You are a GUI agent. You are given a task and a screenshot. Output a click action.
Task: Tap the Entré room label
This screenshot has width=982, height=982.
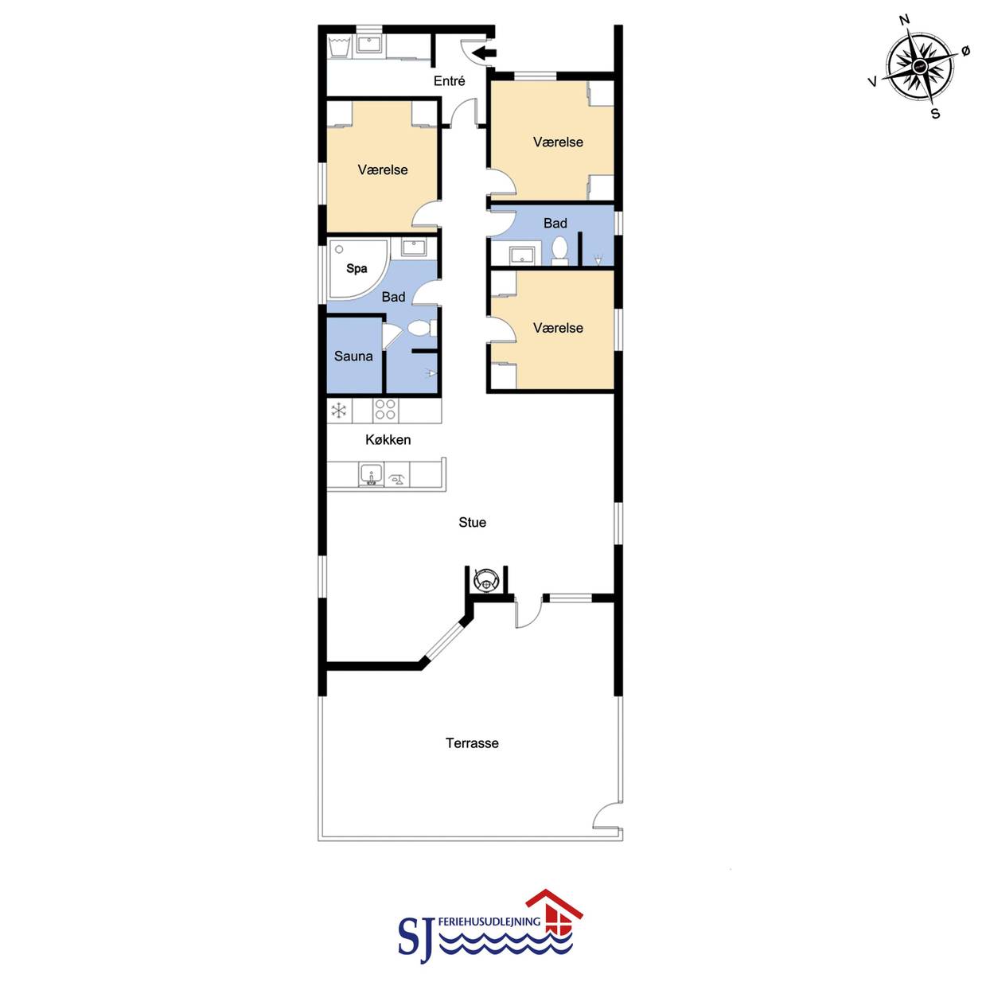449,81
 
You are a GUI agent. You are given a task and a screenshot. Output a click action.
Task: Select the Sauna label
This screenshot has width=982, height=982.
353,357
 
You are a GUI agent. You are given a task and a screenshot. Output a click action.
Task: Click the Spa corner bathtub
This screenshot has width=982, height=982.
357,269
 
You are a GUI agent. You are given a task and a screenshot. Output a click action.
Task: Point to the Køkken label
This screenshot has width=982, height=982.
388,440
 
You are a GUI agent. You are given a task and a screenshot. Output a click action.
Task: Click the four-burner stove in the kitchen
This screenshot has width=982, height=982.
384,409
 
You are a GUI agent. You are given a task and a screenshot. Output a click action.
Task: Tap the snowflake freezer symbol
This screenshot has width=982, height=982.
339,410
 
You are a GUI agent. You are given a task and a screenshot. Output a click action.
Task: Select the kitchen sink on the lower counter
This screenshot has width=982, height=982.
371,475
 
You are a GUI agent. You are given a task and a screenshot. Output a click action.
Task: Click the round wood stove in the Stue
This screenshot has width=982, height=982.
485,579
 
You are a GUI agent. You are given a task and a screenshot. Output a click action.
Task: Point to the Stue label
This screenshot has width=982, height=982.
472,522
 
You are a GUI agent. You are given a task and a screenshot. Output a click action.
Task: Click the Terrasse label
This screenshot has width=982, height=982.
472,743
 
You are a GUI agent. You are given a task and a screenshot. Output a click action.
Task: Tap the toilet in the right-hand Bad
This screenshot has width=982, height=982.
559,251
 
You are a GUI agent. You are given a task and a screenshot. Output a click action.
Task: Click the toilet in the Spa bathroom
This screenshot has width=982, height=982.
422,328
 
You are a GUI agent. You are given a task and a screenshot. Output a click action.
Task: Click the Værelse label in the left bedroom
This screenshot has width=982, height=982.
383,170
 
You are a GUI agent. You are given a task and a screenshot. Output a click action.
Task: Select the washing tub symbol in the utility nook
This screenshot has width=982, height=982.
339,46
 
